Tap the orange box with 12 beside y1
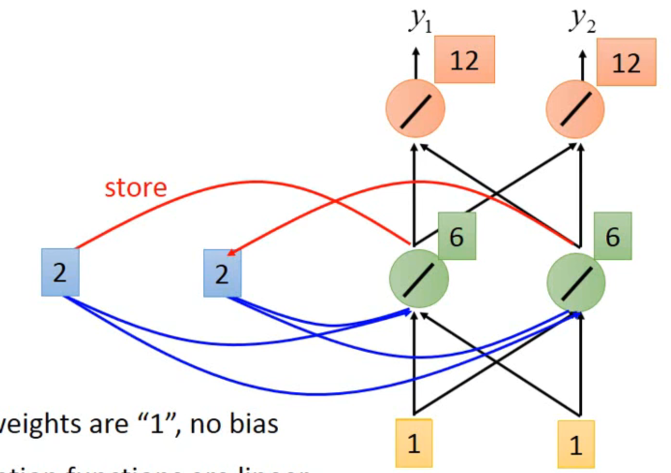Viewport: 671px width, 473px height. click(464, 59)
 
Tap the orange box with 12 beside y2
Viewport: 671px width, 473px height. click(626, 62)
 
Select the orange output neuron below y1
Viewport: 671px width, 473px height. click(415, 109)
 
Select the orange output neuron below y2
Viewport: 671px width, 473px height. click(575, 109)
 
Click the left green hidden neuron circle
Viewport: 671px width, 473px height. click(418, 279)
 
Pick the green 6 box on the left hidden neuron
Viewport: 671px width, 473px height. click(457, 236)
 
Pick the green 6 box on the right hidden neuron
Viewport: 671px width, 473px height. click(613, 236)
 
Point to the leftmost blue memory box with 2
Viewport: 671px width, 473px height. click(60, 272)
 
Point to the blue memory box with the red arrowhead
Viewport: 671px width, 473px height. click(222, 273)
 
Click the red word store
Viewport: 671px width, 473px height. click(136, 187)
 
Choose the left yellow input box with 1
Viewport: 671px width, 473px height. click(414, 443)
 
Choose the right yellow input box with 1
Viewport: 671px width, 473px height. click(575, 444)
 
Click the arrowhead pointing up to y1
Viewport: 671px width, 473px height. click(416, 51)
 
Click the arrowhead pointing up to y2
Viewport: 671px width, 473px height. click(583, 54)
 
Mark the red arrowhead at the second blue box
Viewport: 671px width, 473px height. click(231, 253)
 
